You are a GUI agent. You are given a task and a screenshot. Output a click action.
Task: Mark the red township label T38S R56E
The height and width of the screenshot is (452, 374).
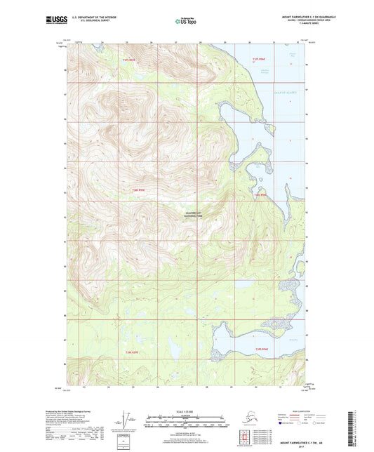(x=260, y=194)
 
